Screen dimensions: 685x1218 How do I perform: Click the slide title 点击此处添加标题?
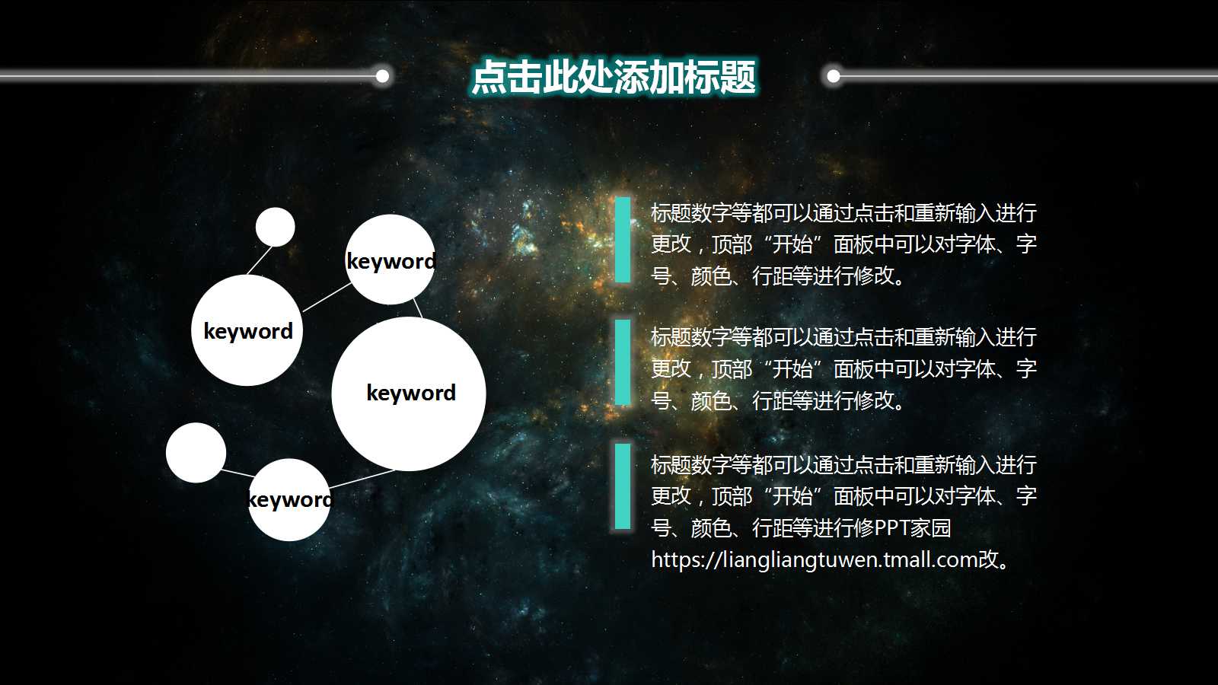click(x=613, y=78)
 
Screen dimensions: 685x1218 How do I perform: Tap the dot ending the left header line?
click(x=383, y=75)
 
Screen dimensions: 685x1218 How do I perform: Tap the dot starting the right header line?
click(x=834, y=75)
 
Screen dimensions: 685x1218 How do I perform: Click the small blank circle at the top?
click(x=275, y=227)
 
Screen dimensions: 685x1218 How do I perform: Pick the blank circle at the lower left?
click(x=196, y=453)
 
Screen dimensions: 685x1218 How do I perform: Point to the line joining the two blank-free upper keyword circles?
click(x=327, y=297)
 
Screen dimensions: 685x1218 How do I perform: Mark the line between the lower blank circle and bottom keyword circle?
click(x=237, y=473)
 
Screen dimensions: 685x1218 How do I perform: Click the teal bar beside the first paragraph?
click(x=623, y=240)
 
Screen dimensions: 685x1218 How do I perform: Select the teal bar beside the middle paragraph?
click(x=623, y=362)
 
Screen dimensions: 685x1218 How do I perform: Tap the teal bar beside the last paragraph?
click(x=623, y=486)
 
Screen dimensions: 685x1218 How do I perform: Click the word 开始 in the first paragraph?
click(x=792, y=244)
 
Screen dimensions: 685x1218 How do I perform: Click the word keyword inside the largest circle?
click(x=411, y=393)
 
